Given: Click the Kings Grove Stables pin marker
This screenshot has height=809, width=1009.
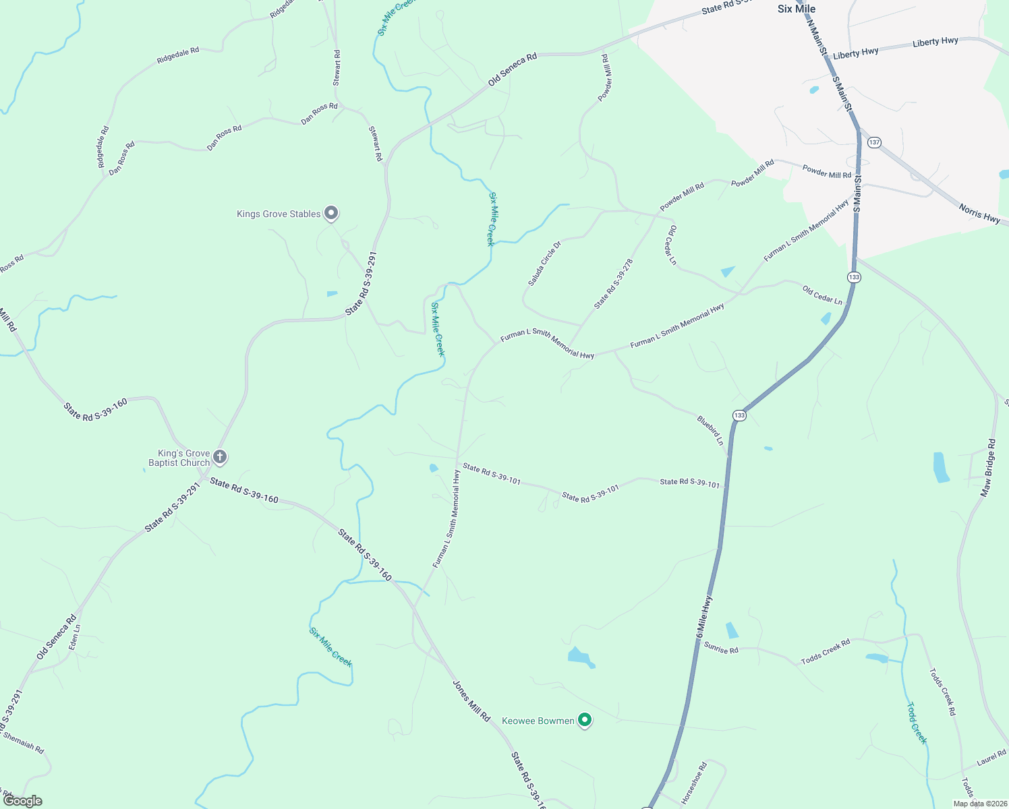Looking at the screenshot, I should (331, 214).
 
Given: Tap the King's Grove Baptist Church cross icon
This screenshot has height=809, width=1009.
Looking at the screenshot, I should (220, 458).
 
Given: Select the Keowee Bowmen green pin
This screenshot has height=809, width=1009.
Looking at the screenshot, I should (585, 721).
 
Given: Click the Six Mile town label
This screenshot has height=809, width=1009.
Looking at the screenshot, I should (797, 9).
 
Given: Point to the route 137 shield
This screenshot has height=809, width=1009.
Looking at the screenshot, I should (874, 142).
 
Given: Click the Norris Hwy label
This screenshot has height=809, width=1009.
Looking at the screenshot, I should (979, 214).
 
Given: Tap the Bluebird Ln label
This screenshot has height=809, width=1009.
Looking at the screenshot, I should (710, 431).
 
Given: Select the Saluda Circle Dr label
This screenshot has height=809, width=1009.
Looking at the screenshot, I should (544, 264).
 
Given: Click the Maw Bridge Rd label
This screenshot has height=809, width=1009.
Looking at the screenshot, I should (987, 469).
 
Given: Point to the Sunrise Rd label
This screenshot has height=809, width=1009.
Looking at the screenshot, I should (721, 649).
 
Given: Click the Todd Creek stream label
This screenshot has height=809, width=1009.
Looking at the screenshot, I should (917, 723).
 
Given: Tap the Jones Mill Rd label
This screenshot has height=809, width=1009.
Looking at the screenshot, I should (471, 701).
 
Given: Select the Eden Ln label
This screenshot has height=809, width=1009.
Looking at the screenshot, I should (75, 637).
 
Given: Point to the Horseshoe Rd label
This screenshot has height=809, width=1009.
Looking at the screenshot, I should (694, 783).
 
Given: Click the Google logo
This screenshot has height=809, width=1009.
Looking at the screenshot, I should (22, 801).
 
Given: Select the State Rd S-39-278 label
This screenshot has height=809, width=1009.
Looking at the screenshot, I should (613, 284).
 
